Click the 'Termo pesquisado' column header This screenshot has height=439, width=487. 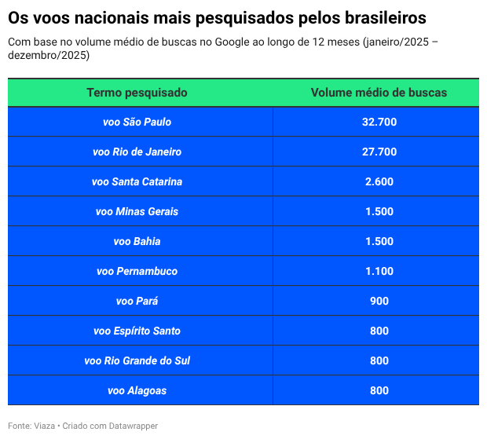click(137, 93)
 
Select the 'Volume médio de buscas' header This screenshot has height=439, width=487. click(379, 93)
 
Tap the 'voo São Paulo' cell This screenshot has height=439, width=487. click(137, 122)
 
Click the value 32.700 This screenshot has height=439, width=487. click(379, 122)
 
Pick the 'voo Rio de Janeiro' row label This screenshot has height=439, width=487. click(137, 152)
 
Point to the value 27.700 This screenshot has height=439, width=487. click(379, 152)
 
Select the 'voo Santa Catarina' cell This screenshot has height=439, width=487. click(137, 181)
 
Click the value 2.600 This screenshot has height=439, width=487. click(379, 181)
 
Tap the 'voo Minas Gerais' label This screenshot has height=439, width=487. click(137, 211)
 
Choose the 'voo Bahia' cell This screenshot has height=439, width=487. click(137, 241)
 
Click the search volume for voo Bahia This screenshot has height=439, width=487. click(379, 241)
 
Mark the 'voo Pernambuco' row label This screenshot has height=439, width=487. click(137, 271)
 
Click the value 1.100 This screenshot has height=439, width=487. click(379, 271)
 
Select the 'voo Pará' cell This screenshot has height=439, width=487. click(137, 301)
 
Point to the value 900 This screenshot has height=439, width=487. click(379, 301)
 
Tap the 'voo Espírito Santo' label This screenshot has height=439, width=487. click(137, 331)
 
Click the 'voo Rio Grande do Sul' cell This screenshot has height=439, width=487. click(137, 360)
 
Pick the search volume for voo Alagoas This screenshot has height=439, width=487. click(379, 390)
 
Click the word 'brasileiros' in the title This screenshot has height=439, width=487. click(379, 17)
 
